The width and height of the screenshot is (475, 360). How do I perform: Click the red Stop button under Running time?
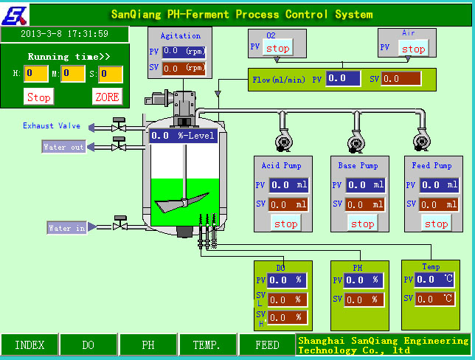point(39,97)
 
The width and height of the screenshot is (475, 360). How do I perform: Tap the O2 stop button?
point(277,48)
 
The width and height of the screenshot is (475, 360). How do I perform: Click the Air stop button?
point(413,49)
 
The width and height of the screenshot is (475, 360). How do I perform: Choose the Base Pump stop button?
point(361,224)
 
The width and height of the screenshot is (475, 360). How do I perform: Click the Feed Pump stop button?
point(436,224)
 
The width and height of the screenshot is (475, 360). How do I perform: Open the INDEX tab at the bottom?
point(30,345)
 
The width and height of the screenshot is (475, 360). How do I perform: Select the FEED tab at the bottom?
point(267,345)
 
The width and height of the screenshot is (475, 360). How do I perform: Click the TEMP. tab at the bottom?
point(208,345)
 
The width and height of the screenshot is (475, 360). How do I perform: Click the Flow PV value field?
point(343,78)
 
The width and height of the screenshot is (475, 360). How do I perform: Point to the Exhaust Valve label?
point(52,126)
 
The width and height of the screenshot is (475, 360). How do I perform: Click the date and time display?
point(64,34)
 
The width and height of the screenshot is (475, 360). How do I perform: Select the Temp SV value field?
point(436,299)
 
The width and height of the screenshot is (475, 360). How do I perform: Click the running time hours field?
point(36,73)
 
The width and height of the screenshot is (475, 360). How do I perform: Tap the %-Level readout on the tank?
point(184,136)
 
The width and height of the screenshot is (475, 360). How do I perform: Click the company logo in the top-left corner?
point(17,13)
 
